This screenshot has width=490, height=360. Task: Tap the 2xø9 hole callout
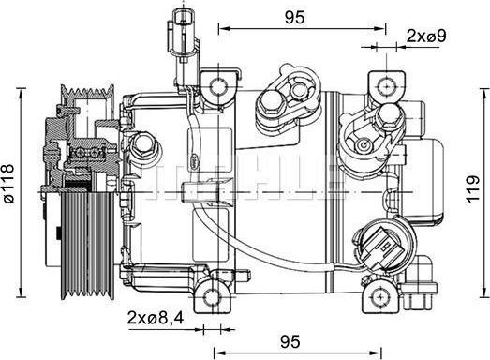(x=425, y=36)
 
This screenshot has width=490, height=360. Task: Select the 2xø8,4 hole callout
(x=155, y=319)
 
